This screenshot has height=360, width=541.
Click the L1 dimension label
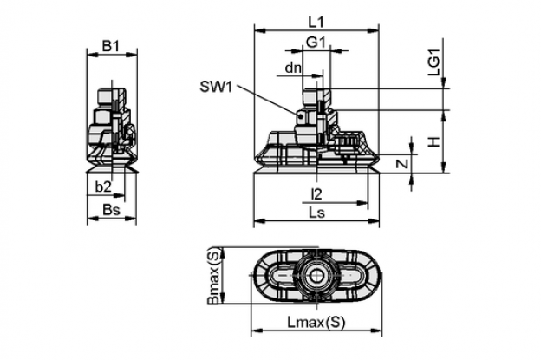[x=316, y=22]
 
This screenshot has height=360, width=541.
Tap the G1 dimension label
[x=316, y=43]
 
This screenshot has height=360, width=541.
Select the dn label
[x=293, y=68]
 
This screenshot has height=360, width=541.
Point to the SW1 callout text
[x=217, y=87]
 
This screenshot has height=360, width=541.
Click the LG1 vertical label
[x=434, y=62]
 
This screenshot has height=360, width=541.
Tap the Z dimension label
[x=402, y=164]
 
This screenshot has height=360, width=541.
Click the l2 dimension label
[x=316, y=194]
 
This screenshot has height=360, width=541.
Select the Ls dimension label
[x=316, y=213]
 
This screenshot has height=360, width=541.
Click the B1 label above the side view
[x=111, y=46]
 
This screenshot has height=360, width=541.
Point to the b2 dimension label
[x=103, y=187]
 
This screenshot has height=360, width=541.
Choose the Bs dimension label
[x=111, y=210]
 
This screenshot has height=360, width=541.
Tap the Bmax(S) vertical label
[x=213, y=277]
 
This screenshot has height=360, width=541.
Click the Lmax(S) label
[x=316, y=323]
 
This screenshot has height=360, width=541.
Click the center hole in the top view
[x=316, y=275]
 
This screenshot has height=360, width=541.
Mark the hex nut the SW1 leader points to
[x=305, y=117]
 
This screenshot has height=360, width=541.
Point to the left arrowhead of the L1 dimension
[x=260, y=31]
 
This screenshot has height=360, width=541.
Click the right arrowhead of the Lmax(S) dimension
[x=376, y=331]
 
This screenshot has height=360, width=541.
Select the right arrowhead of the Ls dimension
[x=374, y=220]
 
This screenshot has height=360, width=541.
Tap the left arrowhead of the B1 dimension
[x=92, y=54]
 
